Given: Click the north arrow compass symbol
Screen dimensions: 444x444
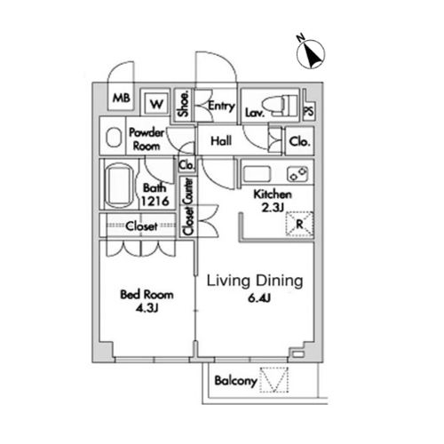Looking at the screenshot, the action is [311, 54].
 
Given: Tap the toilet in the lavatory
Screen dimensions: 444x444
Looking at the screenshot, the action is [281, 106].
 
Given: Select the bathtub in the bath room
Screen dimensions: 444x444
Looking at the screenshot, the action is [118, 187].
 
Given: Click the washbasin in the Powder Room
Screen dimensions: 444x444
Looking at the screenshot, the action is [114, 137].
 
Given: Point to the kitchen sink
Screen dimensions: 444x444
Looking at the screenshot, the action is [257, 174].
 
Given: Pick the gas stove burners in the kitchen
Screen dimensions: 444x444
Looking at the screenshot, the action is [297, 174].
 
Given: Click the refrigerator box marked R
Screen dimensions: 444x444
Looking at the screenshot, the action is [299, 224].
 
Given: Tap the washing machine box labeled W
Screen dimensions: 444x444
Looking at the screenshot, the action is [156, 104].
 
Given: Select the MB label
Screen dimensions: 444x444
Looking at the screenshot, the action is [122, 98].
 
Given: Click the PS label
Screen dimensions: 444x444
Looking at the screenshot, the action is [309, 111].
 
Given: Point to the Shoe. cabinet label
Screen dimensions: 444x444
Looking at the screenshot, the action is [184, 104].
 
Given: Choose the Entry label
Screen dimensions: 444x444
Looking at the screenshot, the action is [221, 106].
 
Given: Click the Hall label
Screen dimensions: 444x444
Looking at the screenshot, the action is [221, 141].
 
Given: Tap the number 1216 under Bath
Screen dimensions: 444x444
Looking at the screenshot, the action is [155, 201].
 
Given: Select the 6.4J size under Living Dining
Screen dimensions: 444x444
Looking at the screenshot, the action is [259, 298].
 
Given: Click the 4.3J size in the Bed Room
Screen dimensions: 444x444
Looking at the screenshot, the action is [147, 308].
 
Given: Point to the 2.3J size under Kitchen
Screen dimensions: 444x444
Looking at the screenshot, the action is [273, 208].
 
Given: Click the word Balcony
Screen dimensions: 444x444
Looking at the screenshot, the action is [235, 381].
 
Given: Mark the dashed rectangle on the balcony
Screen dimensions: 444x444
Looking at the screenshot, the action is [274, 380].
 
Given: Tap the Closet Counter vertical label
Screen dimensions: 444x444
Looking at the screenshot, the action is [188, 206].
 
